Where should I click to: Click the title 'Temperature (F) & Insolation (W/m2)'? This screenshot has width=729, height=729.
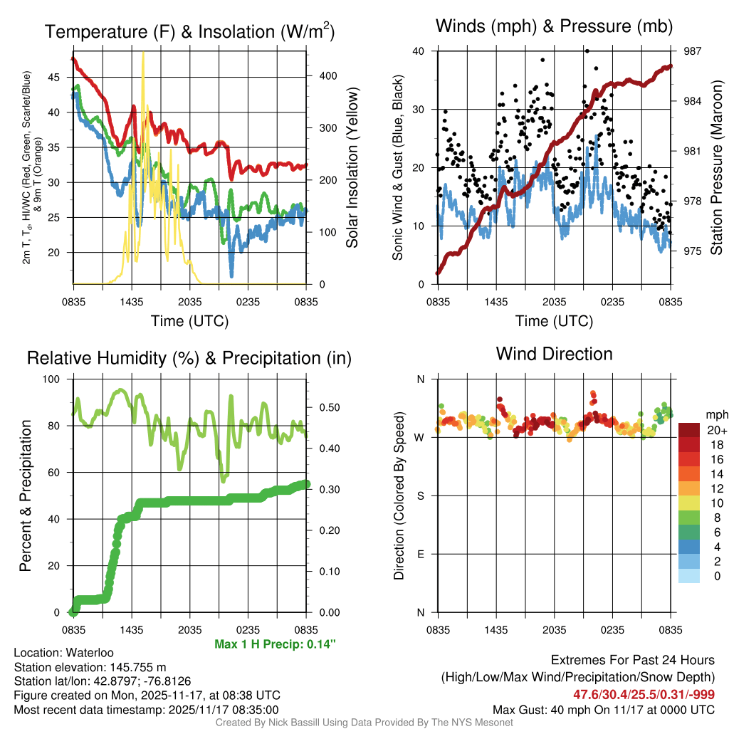tap(190, 32)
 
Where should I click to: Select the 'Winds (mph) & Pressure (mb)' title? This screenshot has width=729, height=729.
tap(555, 27)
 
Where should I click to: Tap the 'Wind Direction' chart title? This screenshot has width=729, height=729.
tap(554, 354)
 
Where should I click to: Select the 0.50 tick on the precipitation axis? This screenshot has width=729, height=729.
tap(324, 408)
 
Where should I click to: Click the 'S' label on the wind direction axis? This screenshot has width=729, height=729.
tap(421, 495)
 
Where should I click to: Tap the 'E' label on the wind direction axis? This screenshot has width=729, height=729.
tap(421, 554)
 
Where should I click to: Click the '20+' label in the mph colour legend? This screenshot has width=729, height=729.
tap(715, 430)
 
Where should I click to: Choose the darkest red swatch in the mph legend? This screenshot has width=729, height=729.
tap(689, 430)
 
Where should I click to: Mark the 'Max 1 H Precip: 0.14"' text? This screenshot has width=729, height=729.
tap(275, 644)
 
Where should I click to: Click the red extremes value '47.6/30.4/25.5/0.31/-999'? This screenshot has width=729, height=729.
tap(644, 694)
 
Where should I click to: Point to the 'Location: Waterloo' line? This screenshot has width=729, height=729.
tap(63, 653)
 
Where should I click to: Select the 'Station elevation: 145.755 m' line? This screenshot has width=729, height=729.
tap(90, 667)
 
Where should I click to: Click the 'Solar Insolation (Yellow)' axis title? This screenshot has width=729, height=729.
tap(352, 168)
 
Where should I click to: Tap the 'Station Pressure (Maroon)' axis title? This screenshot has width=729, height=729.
tap(716, 168)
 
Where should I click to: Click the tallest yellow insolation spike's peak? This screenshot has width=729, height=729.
tap(144, 53)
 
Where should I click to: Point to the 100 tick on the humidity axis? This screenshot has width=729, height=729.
tap(58, 379)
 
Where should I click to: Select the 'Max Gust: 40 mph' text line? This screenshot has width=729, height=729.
tap(604, 709)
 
